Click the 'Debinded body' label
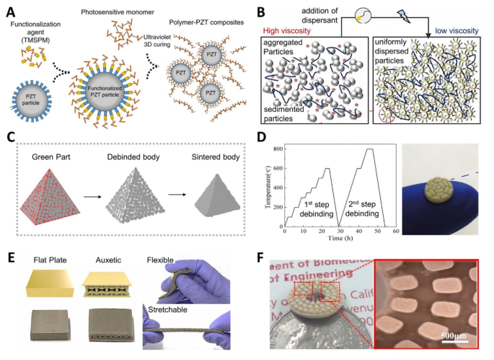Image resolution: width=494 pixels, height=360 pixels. (x=131, y=157)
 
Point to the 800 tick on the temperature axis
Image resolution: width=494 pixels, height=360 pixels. (x=275, y=149)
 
